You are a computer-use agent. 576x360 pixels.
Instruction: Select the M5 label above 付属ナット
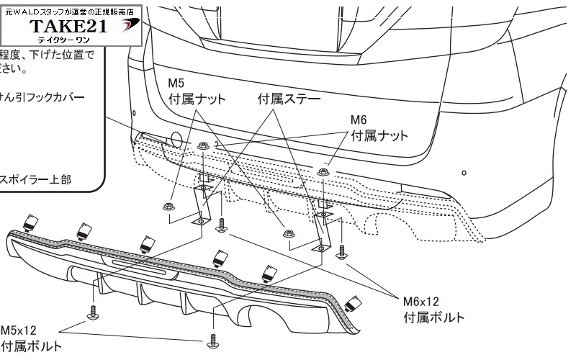[x=176, y=84]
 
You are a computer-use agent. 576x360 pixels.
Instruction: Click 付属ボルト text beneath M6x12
[x=431, y=317]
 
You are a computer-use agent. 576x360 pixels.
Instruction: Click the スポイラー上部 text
[x=37, y=180]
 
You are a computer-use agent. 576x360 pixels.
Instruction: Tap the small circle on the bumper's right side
[x=464, y=173]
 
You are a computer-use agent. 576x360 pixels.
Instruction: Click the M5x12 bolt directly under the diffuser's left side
[x=92, y=312]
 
